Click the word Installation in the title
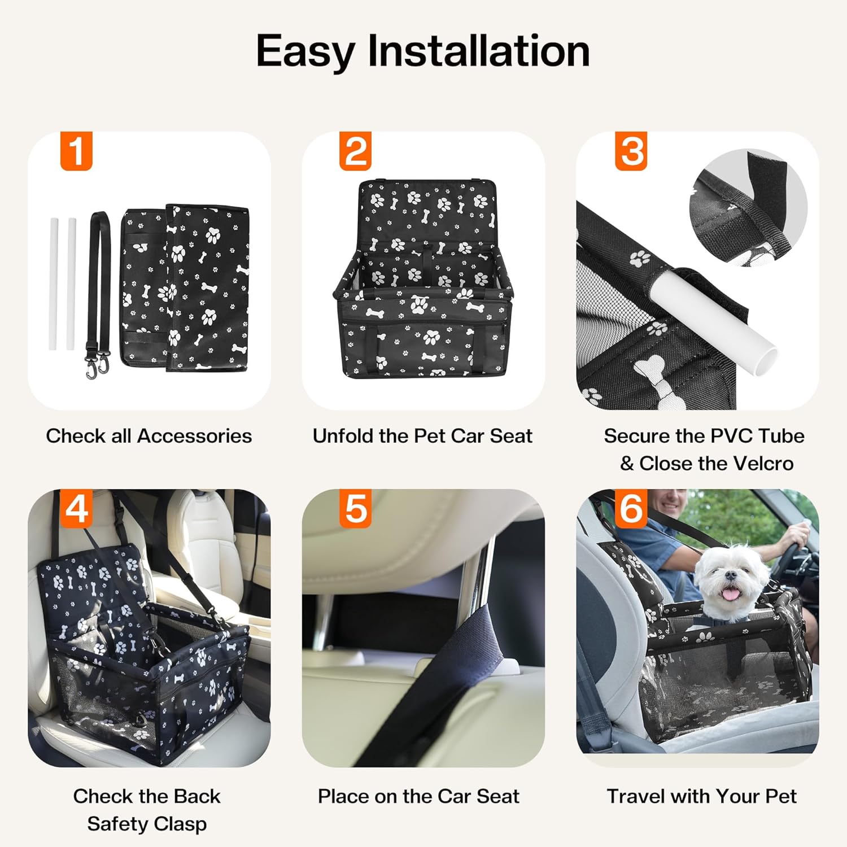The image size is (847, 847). point(479,51)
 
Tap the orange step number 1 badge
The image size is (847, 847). point(76,151)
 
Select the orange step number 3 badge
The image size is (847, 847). point(631,151)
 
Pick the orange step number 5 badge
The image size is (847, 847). point(356,508)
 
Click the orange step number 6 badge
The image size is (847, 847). point(631,508)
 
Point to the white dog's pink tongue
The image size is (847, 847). point(731,594)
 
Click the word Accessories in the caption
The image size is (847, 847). point(194,436)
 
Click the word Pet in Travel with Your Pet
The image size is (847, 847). point(780,796)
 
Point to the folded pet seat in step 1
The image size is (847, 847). point(186,288)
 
